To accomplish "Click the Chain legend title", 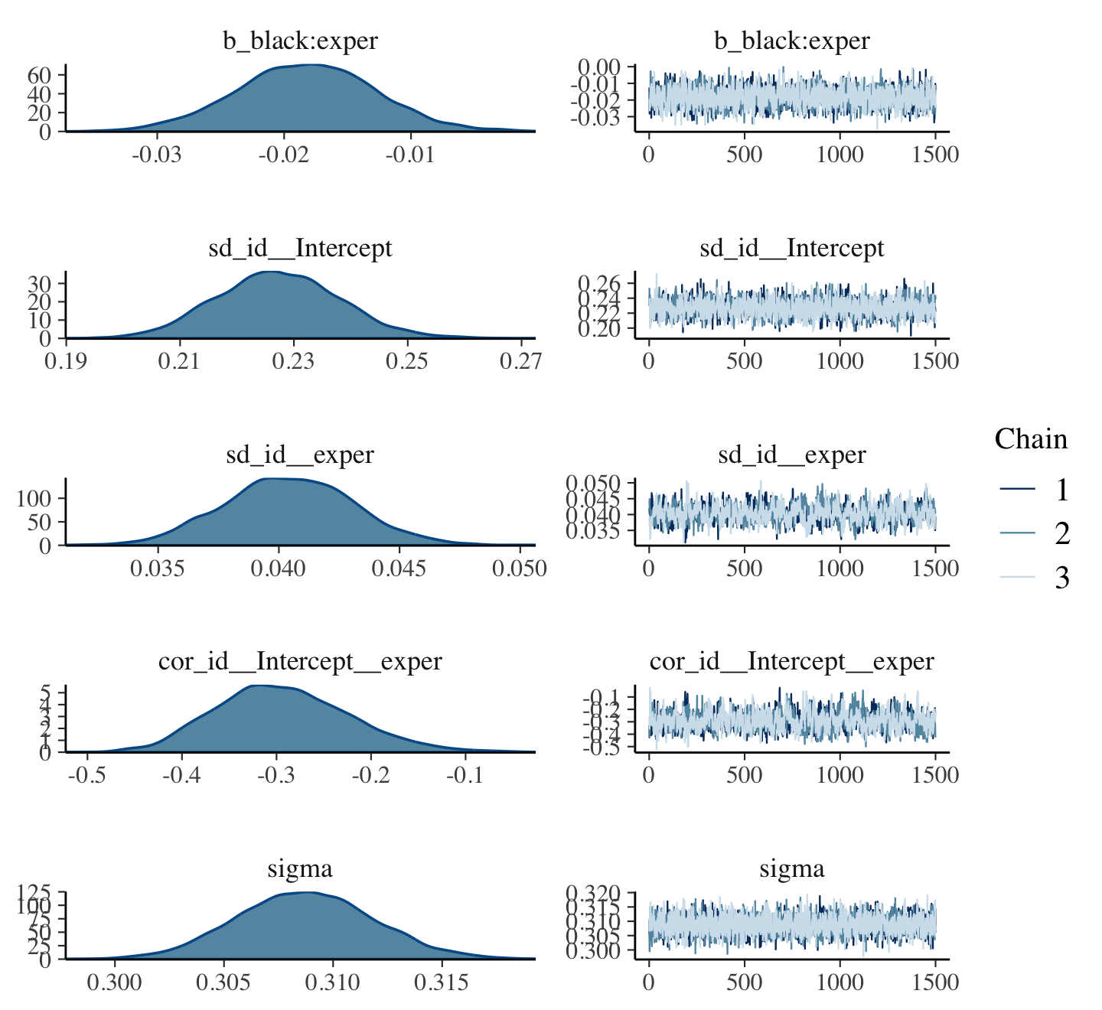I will click(1031, 439).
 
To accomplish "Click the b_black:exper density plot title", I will click(300, 41).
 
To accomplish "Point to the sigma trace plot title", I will click(792, 868).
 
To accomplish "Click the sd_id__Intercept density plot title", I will click(300, 248).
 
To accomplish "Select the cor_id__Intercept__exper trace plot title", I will click(792, 661).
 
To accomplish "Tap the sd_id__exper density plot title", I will click(300, 454).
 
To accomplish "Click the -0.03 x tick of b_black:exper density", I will click(157, 155).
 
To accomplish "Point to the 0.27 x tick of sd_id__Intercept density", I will click(521, 361).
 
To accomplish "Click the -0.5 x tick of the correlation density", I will click(87, 775).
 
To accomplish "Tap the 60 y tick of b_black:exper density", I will click(40, 75).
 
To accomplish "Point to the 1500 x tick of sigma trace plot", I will click(935, 982).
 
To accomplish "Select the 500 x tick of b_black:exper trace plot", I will click(744, 155).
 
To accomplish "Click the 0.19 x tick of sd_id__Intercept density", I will click(67, 361).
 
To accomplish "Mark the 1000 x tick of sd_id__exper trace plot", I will click(840, 569).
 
